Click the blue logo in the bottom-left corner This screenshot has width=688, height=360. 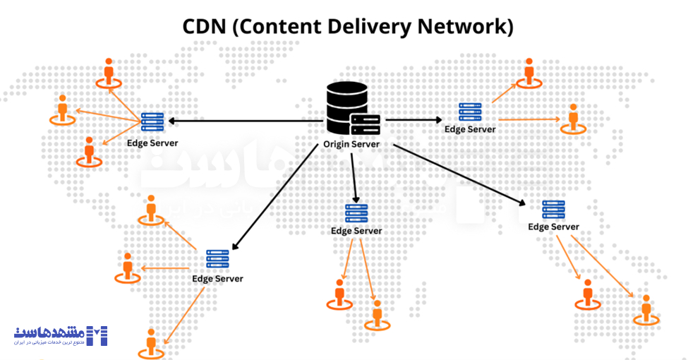tap(61, 335)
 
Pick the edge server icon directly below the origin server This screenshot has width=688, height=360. tap(356, 213)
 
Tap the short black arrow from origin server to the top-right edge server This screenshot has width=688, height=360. tap(409, 119)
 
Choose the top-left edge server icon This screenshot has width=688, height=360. tap(152, 122)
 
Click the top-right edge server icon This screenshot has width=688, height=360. tap(470, 112)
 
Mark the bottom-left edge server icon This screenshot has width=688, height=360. tap(217, 259)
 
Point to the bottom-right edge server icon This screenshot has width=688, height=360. tap(553, 210)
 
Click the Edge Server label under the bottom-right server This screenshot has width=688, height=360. tap(553, 227)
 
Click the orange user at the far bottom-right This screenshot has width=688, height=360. tap(646, 311)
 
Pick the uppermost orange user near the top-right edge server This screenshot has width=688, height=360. tap(529, 73)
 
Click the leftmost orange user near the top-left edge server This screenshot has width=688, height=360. tap(63, 109)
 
